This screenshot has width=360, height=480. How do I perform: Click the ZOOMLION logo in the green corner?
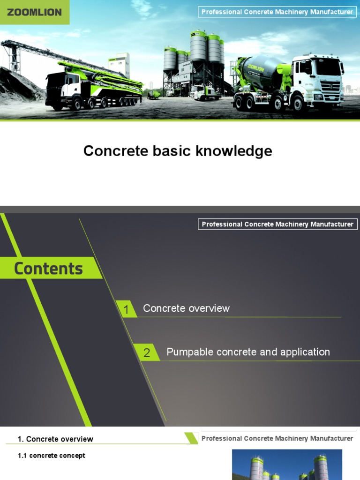[x=34, y=12]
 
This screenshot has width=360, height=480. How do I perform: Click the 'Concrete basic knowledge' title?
[x=178, y=151]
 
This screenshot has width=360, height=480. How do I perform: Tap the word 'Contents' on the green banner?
[x=48, y=269]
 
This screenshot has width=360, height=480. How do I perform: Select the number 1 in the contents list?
[x=126, y=309]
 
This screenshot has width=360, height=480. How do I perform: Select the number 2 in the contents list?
[x=146, y=353]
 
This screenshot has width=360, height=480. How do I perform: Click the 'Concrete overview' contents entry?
[x=186, y=308]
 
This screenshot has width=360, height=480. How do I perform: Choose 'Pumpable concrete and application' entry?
[x=248, y=352]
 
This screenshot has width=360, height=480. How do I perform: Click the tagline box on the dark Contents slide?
[x=277, y=225]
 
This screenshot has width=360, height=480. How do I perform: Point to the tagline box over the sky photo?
[x=277, y=12]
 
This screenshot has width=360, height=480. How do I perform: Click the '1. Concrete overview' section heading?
[x=55, y=439]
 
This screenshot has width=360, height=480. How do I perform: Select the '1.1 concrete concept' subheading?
[x=52, y=456]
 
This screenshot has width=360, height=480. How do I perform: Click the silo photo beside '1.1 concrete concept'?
[x=287, y=464]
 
